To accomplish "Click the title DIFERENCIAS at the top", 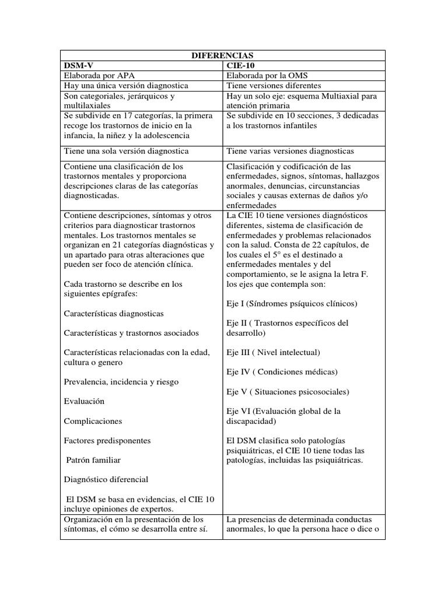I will click(x=222, y=55).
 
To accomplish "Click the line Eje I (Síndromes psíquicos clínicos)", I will click(x=291, y=304).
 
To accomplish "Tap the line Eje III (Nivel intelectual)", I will click(x=272, y=352).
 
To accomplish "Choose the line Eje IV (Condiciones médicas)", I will click(x=282, y=371).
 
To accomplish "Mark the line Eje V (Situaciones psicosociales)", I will click(x=288, y=391).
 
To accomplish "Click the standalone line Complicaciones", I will click(x=93, y=420).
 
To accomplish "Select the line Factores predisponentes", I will click(x=107, y=440).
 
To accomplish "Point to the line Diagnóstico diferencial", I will click(x=106, y=479).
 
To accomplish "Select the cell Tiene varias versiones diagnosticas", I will click(x=290, y=151).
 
